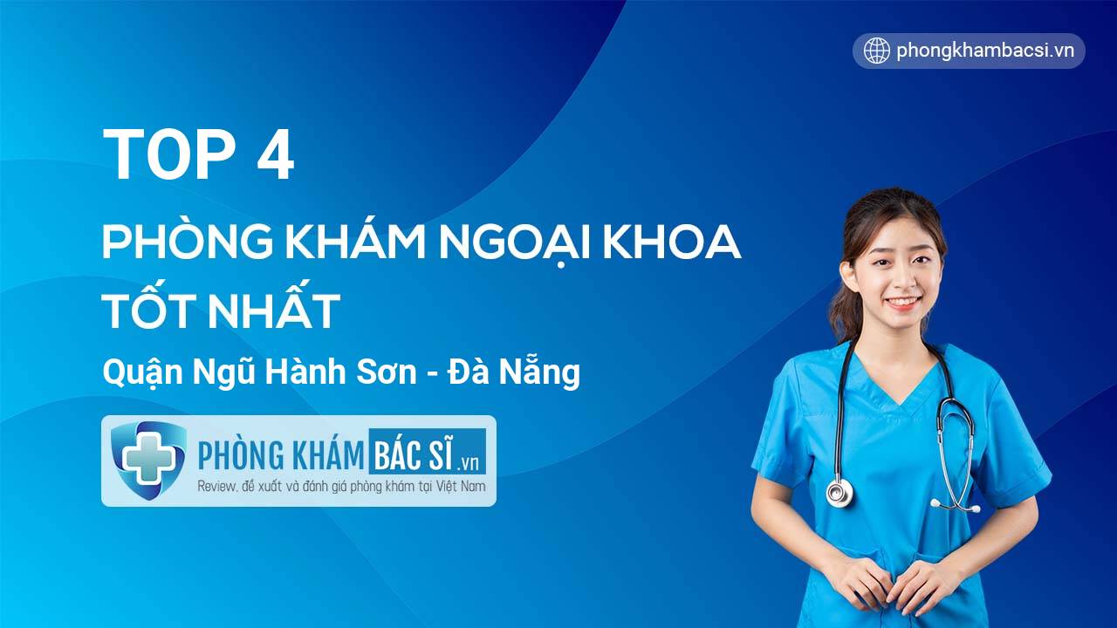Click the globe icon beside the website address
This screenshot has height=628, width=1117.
point(876,51)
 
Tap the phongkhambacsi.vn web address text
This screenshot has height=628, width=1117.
point(984,51)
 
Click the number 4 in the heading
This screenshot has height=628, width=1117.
point(275,155)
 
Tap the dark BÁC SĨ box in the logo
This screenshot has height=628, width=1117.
point(428,452)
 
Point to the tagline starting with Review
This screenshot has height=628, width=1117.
point(341,486)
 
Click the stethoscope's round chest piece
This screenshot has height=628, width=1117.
point(839,492)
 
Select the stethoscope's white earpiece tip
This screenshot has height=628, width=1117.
point(935,503)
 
